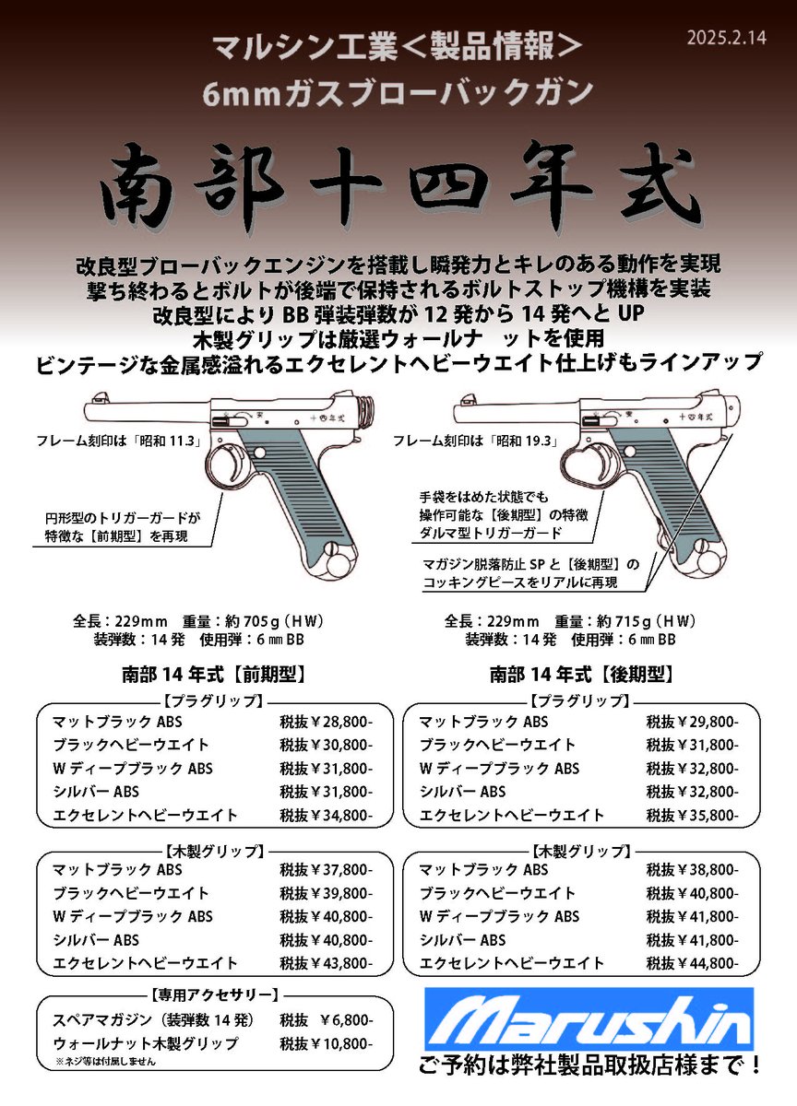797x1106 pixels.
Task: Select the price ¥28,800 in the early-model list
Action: pyautogui.click(x=326, y=722)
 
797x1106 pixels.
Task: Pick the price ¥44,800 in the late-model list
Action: pyautogui.click(x=692, y=963)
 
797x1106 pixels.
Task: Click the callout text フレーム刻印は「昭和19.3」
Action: pyautogui.click(x=477, y=441)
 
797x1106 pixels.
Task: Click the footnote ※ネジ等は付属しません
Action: pyautogui.click(x=104, y=1062)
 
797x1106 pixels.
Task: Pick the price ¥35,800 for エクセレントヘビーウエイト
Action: pyautogui.click(x=692, y=815)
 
